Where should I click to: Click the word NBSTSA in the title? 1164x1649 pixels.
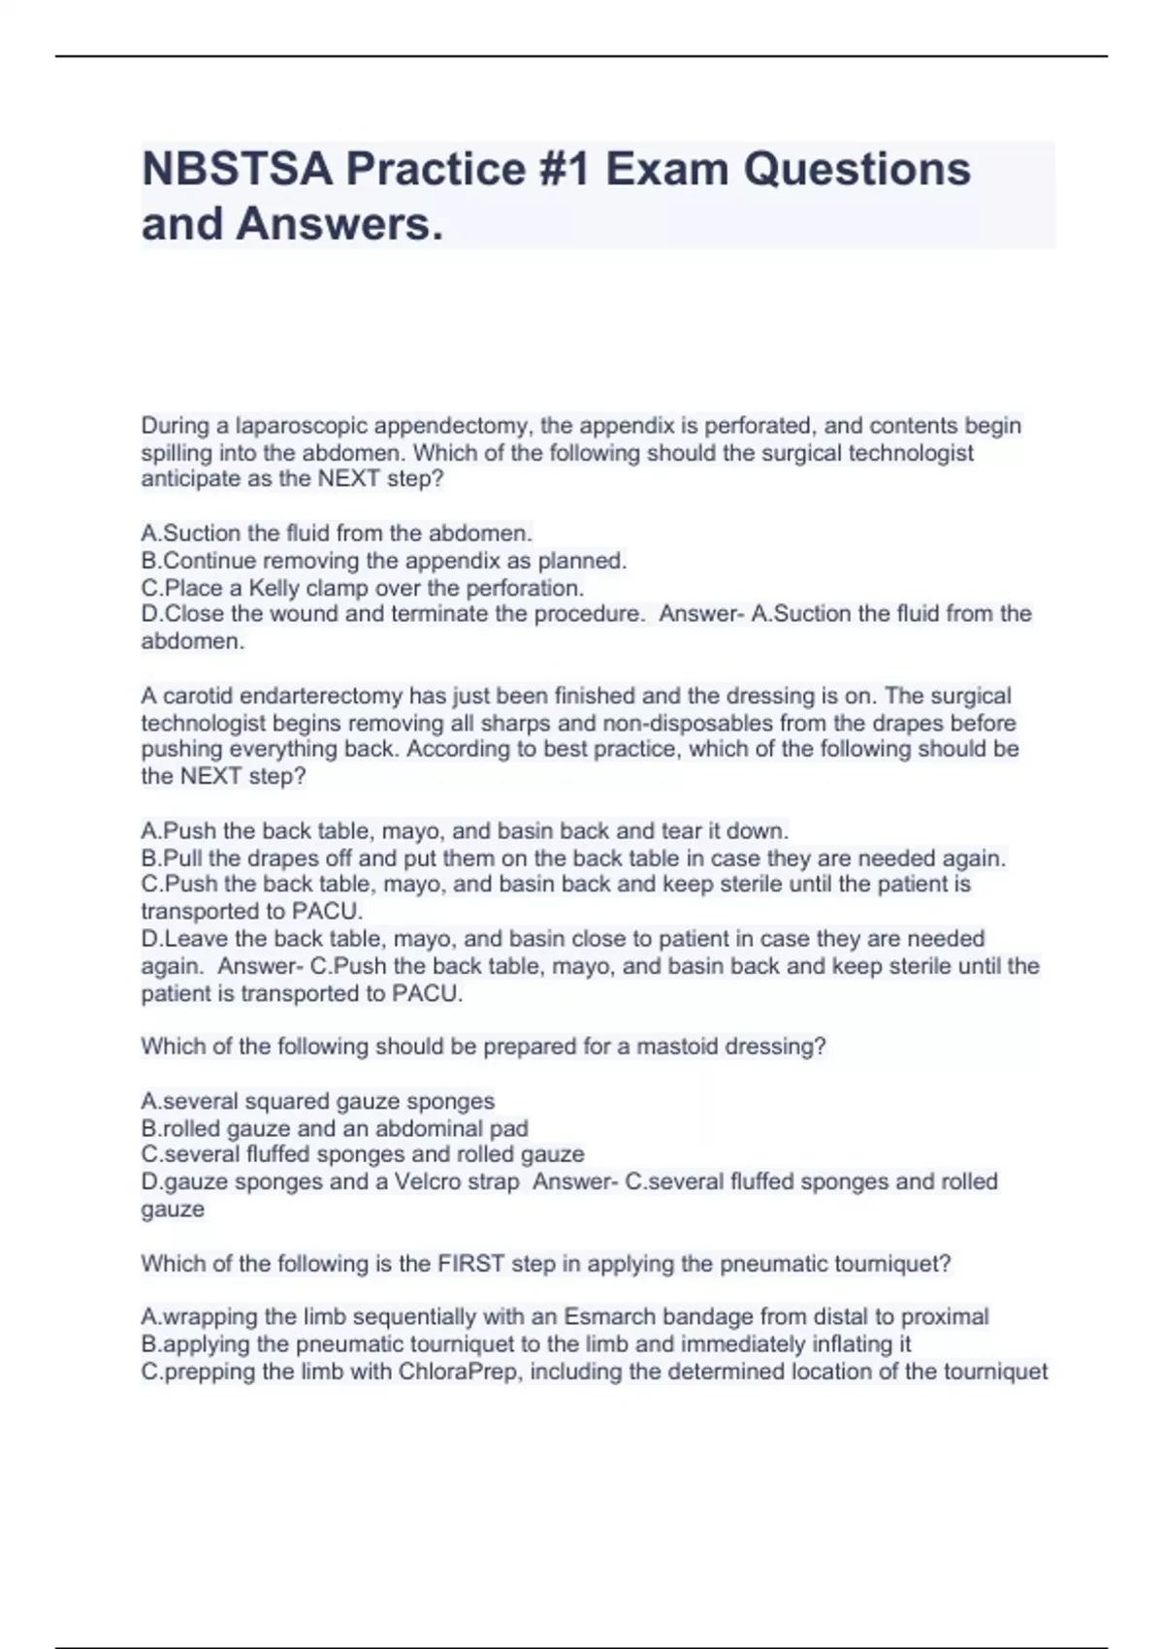coord(238,170)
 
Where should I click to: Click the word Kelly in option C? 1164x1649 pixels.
coord(275,588)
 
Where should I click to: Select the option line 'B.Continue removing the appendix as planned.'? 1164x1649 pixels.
coord(384,561)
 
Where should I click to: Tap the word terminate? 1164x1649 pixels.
coord(437,614)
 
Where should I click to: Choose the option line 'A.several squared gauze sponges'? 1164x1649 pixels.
coord(318,1101)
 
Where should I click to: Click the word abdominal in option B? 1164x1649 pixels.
coord(430,1128)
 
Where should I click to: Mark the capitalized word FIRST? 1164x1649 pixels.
coord(471,1264)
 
